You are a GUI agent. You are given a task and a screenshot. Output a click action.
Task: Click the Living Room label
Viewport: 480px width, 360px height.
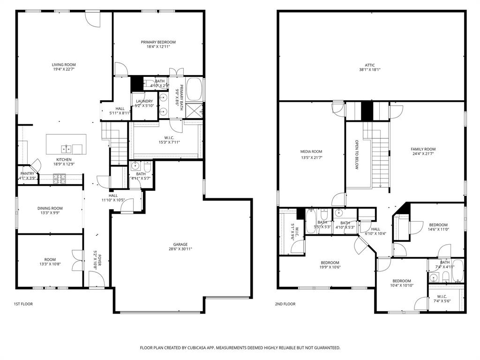64,65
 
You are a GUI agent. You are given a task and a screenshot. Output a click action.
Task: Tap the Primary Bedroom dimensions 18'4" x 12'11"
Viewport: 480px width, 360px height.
158,47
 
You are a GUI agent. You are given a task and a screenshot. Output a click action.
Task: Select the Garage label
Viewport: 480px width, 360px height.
180,244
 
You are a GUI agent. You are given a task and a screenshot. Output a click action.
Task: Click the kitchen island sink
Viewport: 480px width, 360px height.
66,149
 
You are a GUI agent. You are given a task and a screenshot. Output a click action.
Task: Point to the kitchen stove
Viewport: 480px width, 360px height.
60,178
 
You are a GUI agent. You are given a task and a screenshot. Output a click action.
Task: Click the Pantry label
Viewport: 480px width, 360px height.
27,173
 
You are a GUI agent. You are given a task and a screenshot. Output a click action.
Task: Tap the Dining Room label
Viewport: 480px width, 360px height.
50,208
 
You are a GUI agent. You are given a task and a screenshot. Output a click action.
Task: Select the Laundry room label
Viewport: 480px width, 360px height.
144,101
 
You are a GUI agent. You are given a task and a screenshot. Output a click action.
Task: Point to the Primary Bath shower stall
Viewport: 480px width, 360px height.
194,111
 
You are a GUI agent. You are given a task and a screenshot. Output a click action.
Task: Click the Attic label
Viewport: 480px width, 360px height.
370,65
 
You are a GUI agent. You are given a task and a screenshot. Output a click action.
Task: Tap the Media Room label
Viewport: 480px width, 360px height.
311,151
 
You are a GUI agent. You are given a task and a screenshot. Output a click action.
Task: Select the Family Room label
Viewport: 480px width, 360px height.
423,149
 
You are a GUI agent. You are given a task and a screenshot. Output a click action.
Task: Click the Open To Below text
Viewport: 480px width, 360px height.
356,155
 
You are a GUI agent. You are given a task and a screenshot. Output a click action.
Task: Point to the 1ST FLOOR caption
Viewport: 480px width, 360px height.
23,304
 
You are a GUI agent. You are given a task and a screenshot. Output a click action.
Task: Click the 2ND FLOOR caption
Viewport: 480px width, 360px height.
285,304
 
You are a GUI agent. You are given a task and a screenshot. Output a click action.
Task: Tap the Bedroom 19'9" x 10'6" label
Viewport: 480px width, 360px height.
330,262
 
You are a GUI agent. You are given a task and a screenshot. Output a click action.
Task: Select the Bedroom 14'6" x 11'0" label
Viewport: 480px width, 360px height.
438,225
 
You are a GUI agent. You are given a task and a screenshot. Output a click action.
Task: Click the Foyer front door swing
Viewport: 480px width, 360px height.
96,280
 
